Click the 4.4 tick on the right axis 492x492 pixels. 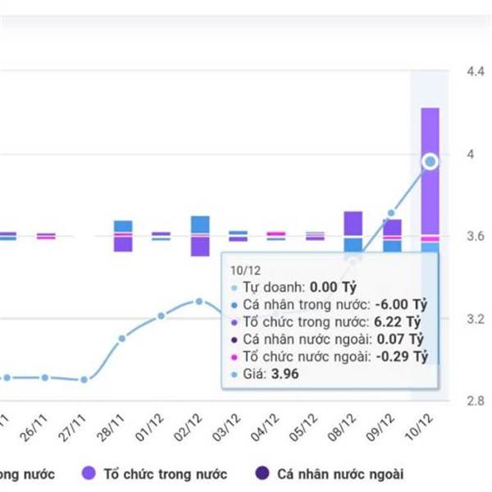[x=476, y=71]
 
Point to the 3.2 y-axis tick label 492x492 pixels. [x=476, y=318]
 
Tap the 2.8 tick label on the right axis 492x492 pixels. [x=476, y=400]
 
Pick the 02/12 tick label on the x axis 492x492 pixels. [x=193, y=426]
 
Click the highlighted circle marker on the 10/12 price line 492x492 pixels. [x=430, y=162]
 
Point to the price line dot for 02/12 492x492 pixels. [x=199, y=301]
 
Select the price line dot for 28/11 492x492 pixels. [x=122, y=338]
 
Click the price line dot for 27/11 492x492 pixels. [x=84, y=380]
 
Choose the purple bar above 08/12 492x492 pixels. [x=353, y=223]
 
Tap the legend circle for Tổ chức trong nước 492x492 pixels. [x=89, y=473]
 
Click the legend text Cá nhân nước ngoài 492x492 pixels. [x=340, y=474]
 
